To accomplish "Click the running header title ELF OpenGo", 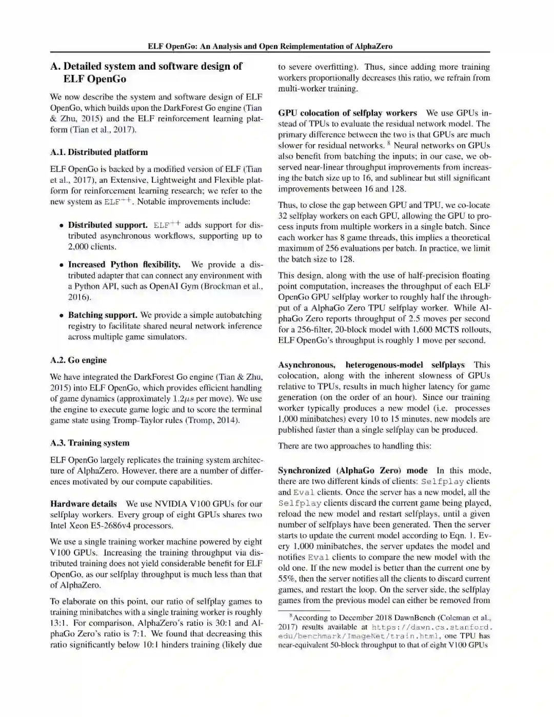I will coord(270,46).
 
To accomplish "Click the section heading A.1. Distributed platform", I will coord(99,152).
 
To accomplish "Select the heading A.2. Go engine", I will coord(78,360).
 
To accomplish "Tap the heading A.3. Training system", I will coord(90,443).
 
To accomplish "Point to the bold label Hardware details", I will coord(83,503).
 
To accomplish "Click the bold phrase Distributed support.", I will coord(108,225).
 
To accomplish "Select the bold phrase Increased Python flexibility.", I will coord(124,264).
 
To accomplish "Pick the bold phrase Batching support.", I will coord(103,315).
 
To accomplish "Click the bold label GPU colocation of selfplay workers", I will coord(347,113).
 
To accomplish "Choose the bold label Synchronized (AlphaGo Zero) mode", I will coord(352,470).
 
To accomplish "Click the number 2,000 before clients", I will coord(79,246).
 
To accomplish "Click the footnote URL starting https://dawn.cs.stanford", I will coord(431,627).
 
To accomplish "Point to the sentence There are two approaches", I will coord(354,445).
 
